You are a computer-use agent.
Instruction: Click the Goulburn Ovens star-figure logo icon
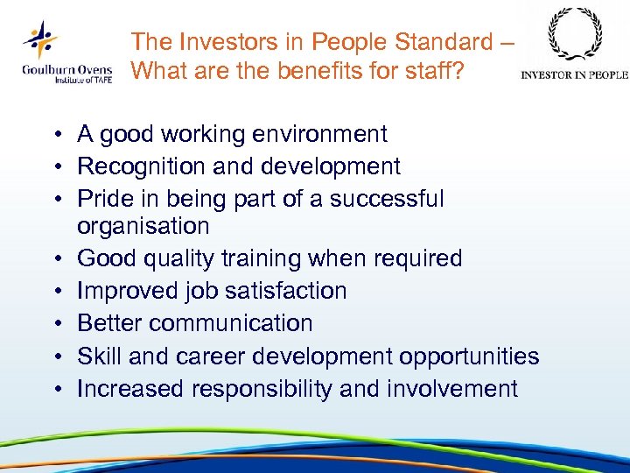pyautogui.click(x=39, y=39)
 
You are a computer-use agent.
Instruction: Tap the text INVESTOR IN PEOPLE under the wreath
pyautogui.click(x=574, y=74)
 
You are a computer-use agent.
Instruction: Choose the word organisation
pyautogui.click(x=143, y=226)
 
